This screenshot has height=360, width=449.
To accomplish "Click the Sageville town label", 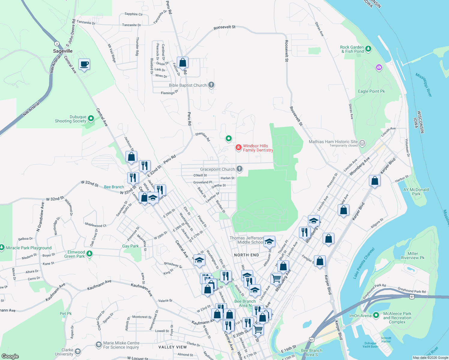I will pos(63,51).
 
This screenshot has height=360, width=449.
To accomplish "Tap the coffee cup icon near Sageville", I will pos(84,64).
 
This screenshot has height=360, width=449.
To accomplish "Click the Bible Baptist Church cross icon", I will pos(211,85).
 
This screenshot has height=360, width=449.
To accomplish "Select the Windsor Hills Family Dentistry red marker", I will pos(239,148).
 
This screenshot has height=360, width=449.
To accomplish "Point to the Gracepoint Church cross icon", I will pos(240,169).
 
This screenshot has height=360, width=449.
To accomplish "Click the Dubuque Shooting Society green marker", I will pos(91,119).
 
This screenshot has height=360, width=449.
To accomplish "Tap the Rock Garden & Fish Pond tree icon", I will pos(368,49).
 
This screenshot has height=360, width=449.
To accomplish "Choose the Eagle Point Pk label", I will pos(371,91).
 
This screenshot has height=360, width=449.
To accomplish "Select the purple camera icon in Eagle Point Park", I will pos(379,67).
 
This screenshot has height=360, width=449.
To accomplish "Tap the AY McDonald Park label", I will pos(416,192).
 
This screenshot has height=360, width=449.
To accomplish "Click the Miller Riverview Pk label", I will pos(413,256).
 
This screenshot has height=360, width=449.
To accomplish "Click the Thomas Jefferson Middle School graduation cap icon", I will pos(269,241).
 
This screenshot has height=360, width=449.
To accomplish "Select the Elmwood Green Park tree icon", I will pos(89,254).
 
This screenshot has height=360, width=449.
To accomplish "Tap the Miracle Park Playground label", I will pos(29,248).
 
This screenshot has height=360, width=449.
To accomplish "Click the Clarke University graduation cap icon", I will pos(78,351).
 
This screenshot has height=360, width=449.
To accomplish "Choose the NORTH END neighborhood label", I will pos(246,255).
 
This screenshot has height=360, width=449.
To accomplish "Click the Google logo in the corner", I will pos(10,356).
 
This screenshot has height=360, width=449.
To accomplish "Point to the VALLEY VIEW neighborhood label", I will pos(173,347).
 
